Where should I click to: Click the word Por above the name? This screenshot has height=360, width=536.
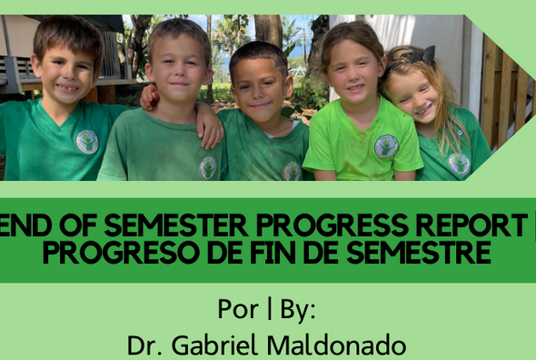pos(237,309)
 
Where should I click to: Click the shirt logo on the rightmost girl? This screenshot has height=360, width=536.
pos(459,164)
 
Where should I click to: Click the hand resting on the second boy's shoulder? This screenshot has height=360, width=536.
pos(212,130)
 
